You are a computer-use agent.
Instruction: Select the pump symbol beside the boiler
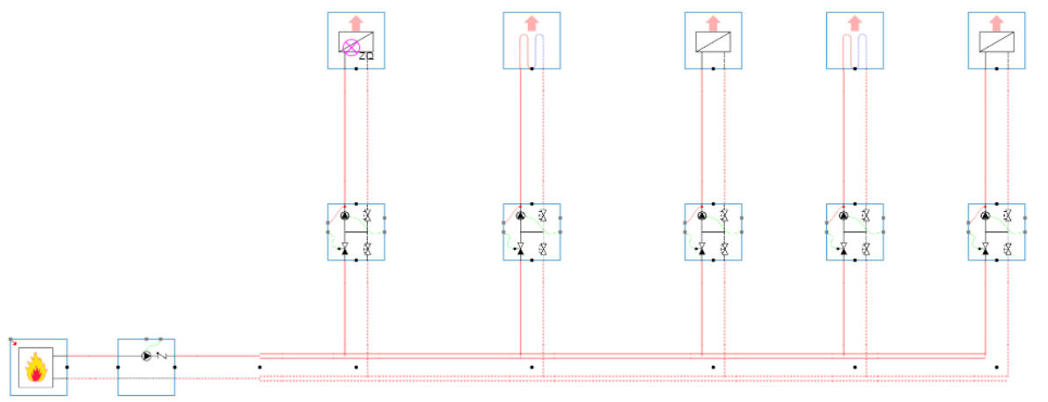146,356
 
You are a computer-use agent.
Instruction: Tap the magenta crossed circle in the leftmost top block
351,48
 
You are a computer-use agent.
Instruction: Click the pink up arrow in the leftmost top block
356,22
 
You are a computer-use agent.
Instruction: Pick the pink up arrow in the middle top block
714,22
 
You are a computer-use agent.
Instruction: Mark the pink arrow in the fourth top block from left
855,22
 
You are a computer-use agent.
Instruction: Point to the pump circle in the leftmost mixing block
345,216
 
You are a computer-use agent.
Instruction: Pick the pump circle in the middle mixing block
702,216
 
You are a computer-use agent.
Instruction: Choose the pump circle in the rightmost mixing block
986,216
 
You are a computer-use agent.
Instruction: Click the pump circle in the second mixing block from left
520,216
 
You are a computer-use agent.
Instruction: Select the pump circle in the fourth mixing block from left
844,216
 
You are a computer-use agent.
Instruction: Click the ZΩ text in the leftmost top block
366,56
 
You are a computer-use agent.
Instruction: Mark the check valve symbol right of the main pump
161,356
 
